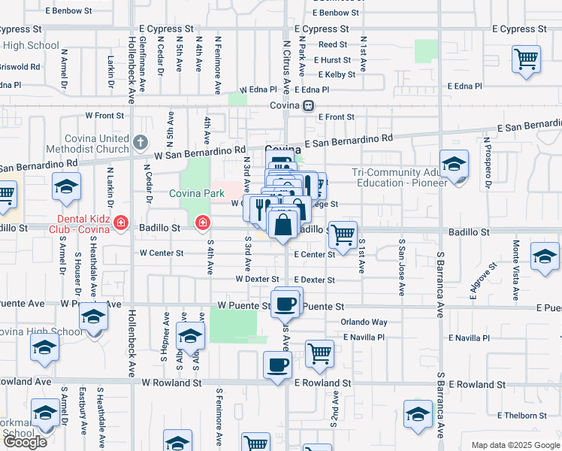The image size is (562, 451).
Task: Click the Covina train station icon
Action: click(308, 106)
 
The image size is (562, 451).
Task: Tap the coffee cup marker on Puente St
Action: click(285, 304)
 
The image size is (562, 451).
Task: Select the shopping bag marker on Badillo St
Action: click(282, 225)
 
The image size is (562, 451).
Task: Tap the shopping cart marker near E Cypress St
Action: click(526, 59)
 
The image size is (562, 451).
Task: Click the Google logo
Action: click(25, 442)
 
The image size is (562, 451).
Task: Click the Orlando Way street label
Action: click(364, 322)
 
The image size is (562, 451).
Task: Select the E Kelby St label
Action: click(337, 74)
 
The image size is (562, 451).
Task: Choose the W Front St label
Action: click(104, 116)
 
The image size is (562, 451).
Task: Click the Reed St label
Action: click(332, 45)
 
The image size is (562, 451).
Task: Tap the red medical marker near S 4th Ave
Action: click(202, 224)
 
